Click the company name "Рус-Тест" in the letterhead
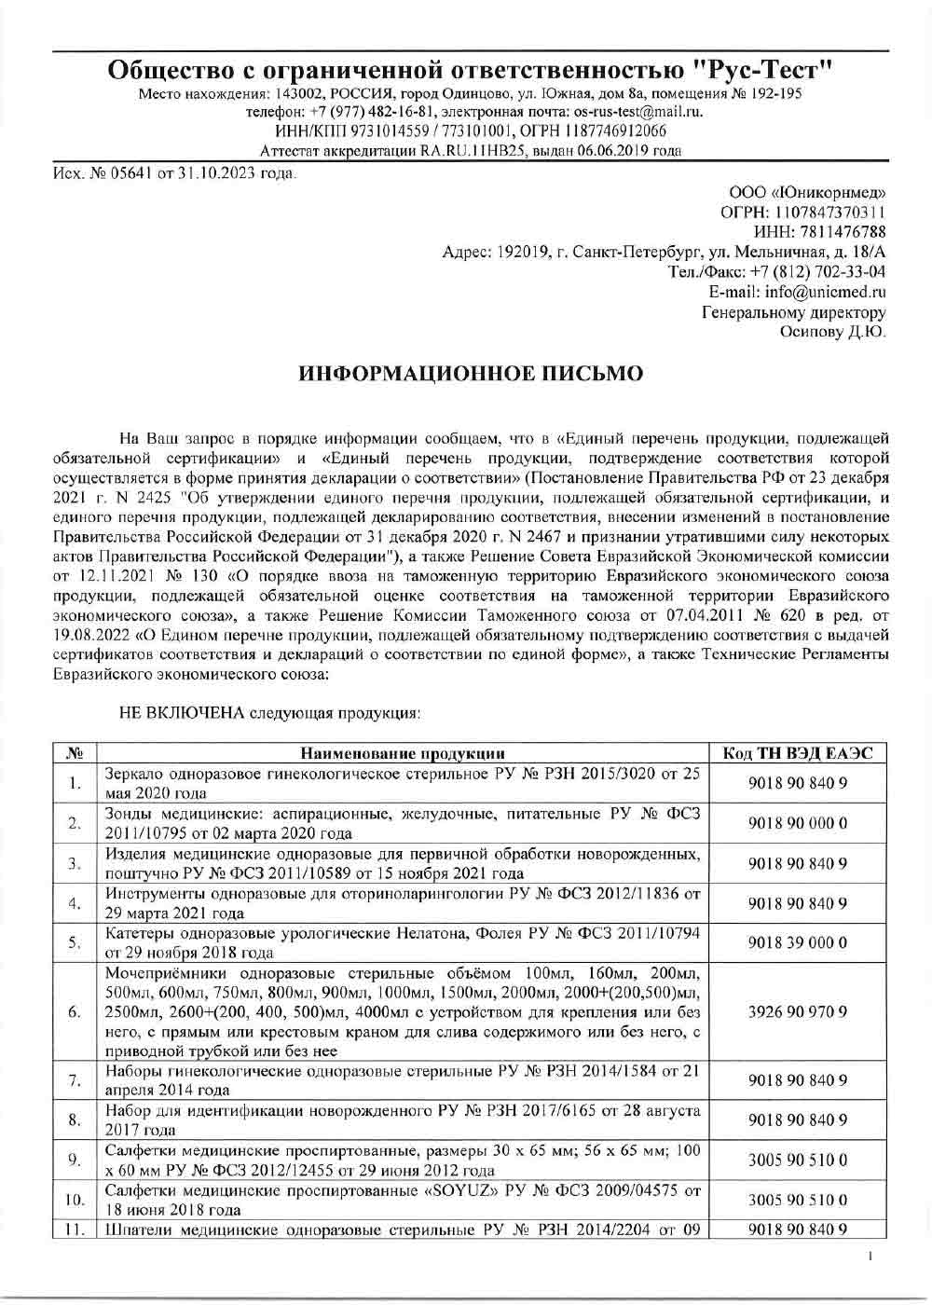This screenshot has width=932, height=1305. pos(763,70)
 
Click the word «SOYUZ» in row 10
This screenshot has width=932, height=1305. pos(470,1190)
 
